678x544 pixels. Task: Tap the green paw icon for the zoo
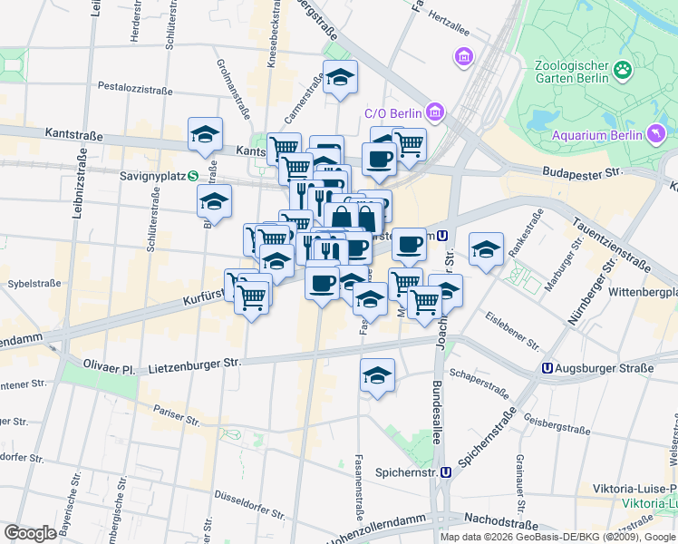tap(623, 70)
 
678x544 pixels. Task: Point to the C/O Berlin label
tap(393, 113)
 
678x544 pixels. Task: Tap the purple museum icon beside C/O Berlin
tap(436, 112)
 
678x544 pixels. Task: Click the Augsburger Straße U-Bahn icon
tap(547, 368)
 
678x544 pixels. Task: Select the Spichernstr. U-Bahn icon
tap(446, 472)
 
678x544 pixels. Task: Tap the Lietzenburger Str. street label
tap(194, 364)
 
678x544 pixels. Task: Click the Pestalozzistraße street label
tap(134, 88)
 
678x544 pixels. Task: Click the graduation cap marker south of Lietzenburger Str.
tap(377, 374)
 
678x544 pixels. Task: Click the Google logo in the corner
tap(30, 533)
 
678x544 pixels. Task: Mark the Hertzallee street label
tap(452, 18)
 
